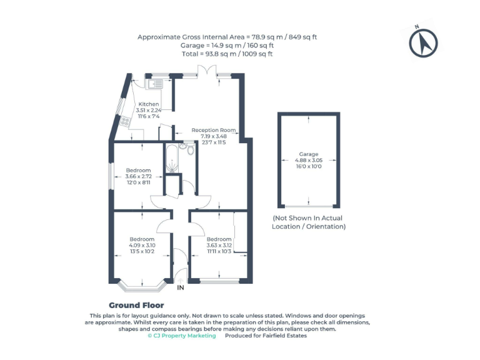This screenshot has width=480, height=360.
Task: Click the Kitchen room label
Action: click(149, 104)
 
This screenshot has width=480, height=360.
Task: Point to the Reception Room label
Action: click(214, 130)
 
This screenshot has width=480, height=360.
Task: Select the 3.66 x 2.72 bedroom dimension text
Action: click(139, 177)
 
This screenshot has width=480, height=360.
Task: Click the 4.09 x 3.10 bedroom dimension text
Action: click(142, 245)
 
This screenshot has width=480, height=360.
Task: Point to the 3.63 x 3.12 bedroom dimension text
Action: click(219, 245)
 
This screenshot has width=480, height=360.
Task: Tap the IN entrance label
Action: click(181, 288)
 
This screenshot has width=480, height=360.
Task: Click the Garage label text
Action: click(308, 154)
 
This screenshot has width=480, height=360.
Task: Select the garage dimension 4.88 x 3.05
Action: click(308, 160)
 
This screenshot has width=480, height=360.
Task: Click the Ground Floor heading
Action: click(136, 305)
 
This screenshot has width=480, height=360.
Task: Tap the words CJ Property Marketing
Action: click(185, 336)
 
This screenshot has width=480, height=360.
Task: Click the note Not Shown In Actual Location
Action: click(308, 222)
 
